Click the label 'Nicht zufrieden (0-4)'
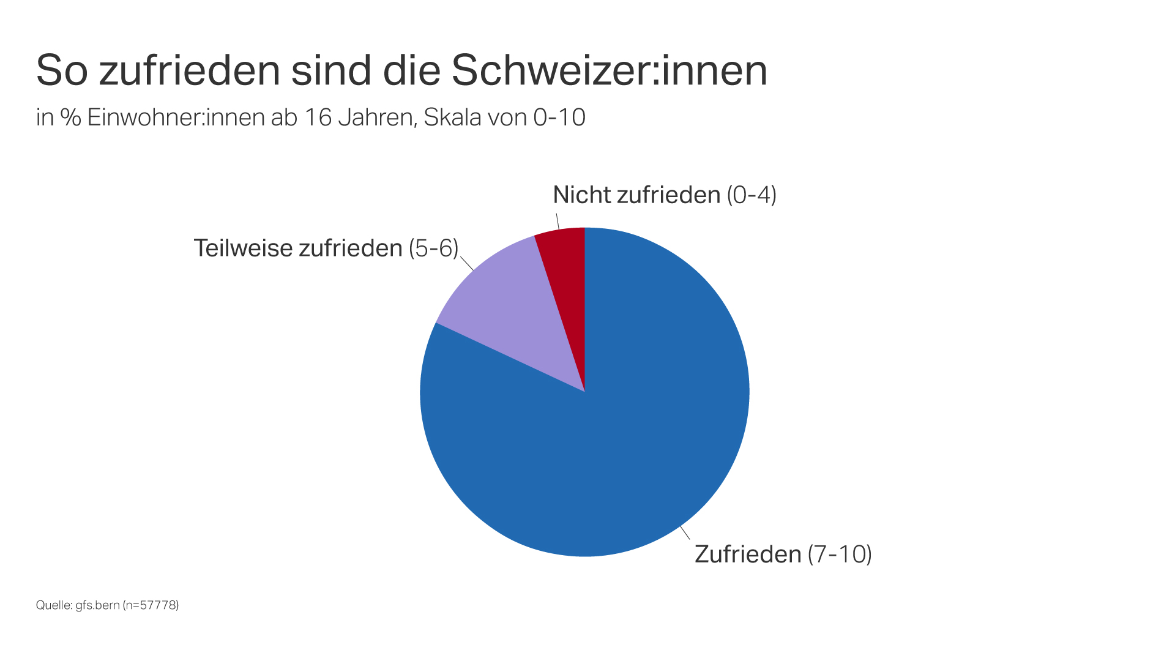point(665,195)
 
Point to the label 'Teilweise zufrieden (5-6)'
point(326,248)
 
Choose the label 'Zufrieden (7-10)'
point(783,555)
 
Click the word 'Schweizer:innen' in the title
point(609,70)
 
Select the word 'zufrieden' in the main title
point(190,70)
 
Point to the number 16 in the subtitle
point(318,118)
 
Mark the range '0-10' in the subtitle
point(559,118)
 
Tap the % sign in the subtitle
point(70,118)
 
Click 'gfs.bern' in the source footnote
point(97,605)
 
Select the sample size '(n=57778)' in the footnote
point(151,605)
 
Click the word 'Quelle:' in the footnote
point(54,605)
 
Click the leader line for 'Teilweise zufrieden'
point(467,264)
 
